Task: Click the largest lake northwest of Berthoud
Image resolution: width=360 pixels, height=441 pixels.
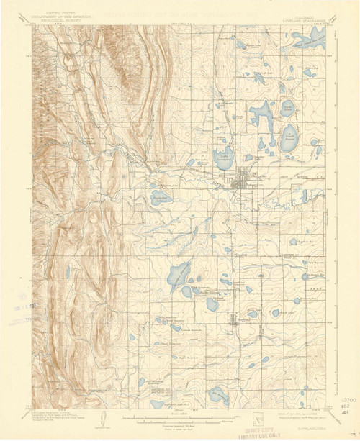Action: (x=176, y=273)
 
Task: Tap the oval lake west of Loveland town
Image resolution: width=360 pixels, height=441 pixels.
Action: (x=158, y=197)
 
